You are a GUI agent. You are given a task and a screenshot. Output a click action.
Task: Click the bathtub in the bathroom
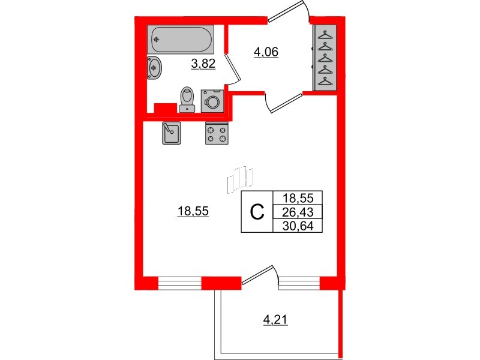[181, 40]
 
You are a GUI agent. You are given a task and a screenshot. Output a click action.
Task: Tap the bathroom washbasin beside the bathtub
[155, 68]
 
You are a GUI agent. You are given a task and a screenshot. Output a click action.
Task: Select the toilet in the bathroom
[187, 100]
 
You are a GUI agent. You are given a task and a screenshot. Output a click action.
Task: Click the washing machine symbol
[212, 101]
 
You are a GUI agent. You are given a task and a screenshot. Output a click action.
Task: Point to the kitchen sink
[172, 133]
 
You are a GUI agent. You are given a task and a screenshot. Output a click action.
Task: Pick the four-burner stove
[217, 133]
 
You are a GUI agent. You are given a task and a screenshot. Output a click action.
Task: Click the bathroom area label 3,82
[203, 64]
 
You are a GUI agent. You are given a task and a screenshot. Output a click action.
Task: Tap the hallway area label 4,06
[266, 52]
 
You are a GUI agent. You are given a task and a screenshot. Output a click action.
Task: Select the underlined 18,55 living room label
[193, 211]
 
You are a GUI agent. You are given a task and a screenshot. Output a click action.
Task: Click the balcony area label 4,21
[275, 320]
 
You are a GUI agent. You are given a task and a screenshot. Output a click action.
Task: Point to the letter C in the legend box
[257, 212]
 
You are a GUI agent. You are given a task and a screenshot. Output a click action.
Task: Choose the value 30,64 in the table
[298, 226]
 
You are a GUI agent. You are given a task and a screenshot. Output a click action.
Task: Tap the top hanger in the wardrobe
[325, 35]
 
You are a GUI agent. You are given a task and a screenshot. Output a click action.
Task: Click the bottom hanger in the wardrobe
[325, 82]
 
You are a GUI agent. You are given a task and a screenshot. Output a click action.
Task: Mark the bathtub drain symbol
[157, 40]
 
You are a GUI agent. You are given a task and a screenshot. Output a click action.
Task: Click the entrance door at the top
[289, 11]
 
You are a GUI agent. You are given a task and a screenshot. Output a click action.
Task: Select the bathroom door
[233, 69]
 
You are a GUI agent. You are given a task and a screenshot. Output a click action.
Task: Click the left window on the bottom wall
[179, 283]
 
